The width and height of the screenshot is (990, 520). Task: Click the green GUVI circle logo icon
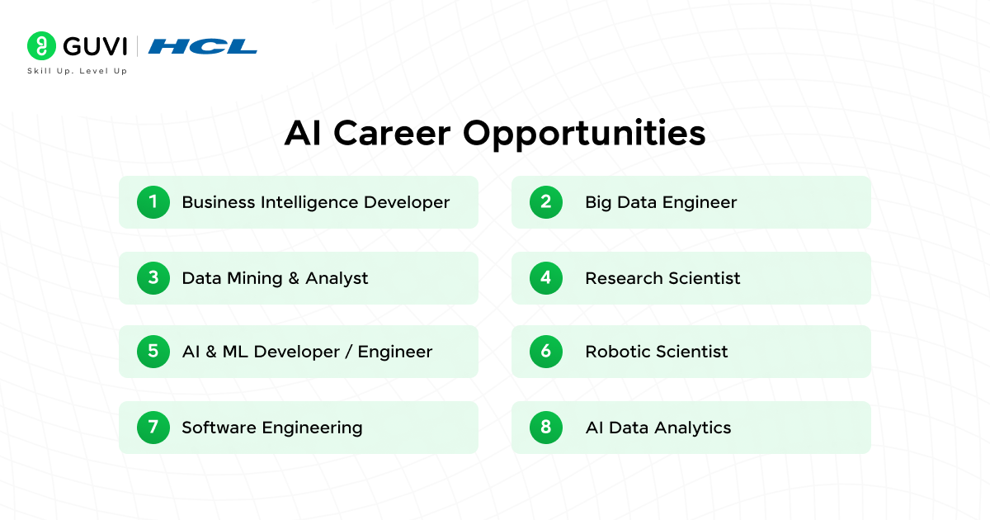41,45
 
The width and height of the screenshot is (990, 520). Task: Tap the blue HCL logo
202,46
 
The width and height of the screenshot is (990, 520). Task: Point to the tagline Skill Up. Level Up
78,71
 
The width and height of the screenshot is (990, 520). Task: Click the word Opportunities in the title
584,135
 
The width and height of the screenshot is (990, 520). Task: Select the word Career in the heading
392,133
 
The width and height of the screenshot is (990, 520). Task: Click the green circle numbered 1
153,202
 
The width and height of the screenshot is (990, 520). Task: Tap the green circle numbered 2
546,202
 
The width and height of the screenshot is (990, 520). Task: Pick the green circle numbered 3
153,278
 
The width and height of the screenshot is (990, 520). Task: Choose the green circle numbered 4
546,278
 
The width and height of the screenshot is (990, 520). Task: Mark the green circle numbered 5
153,352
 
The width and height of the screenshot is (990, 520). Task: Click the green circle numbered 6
546,352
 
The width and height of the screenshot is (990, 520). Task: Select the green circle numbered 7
153,428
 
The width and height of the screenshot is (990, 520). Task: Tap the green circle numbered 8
546,428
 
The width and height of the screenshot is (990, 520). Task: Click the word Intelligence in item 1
309,203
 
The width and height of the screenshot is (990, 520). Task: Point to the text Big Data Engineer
661,203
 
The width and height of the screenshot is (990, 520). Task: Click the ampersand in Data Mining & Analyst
294,279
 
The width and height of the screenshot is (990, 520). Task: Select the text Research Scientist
662,278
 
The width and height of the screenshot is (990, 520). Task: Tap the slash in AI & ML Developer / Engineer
349,352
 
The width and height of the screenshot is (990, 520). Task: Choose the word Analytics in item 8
692,428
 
